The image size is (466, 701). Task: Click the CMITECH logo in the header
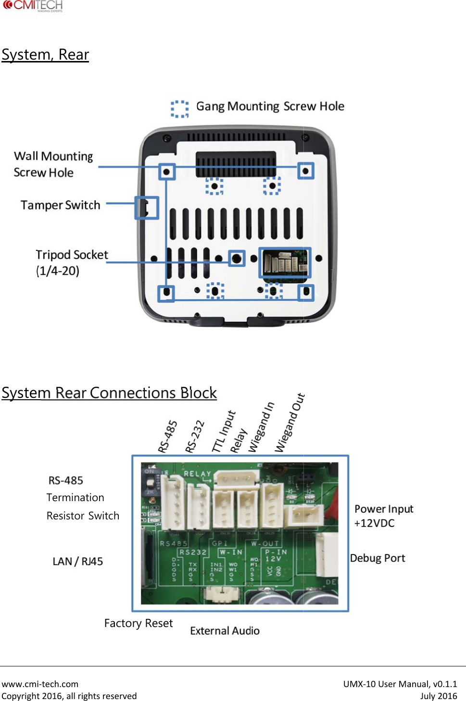tap(33, 6)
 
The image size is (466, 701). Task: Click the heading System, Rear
tap(45, 55)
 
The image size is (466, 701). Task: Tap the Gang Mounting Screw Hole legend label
tap(270, 106)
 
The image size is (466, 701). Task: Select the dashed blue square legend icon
tap(180, 109)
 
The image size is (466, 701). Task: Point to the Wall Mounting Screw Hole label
tap(53, 164)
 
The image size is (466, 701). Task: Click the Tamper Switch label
tap(60, 205)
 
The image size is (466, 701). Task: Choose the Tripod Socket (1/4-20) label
tap(71, 262)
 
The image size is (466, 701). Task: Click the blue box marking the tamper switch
tap(147, 208)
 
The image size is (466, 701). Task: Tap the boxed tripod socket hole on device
tap(236, 258)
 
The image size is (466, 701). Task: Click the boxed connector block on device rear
tap(285, 262)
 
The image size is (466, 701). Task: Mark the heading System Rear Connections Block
tap(109, 393)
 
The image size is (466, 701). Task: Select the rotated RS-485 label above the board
tap(168, 437)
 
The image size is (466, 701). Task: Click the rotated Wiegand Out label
tap(290, 423)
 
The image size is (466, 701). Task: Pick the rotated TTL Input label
tap(224, 431)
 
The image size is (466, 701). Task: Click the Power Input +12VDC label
tap(383, 516)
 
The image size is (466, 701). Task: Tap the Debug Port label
tap(378, 558)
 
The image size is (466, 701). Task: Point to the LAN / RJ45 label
tap(77, 562)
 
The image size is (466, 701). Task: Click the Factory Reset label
tap(138, 623)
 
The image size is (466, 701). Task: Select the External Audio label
tap(225, 631)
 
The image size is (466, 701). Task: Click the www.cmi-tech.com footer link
tap(40, 684)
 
